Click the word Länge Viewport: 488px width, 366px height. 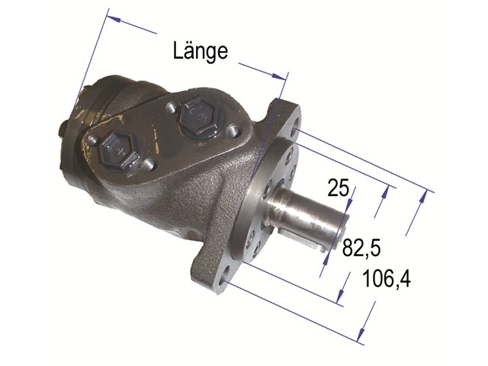coord(201,51)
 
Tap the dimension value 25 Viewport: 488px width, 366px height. coord(339,188)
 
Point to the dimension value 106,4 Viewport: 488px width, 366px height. coord(387,278)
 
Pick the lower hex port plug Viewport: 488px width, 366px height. coord(120,151)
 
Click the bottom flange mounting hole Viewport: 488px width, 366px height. coord(223,278)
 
